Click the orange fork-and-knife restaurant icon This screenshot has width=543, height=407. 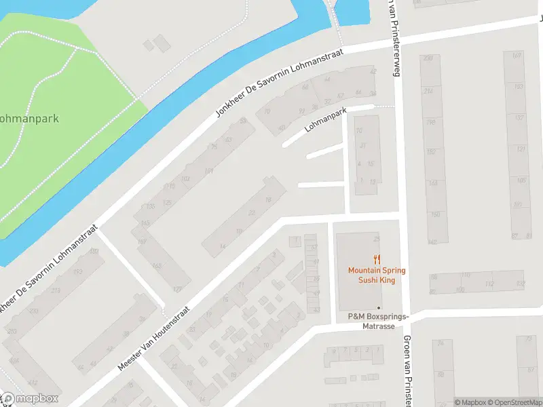tap(377, 258)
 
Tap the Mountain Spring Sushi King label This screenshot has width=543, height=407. tap(377, 275)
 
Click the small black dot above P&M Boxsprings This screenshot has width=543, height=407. tap(379, 308)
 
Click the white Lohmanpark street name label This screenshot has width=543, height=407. tap(326, 119)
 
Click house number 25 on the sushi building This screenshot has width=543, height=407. tap(377, 239)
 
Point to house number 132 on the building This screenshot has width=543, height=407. tap(520, 284)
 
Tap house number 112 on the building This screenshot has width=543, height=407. tap(489, 284)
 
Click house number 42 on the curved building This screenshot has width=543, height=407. tap(372, 71)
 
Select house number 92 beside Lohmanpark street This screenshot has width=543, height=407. tap(301, 112)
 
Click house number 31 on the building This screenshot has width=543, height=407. tap(362, 146)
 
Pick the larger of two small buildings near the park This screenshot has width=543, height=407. tap(162, 43)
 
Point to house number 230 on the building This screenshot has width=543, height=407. tap(428, 59)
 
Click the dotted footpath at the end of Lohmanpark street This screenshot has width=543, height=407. tap(384, 106)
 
